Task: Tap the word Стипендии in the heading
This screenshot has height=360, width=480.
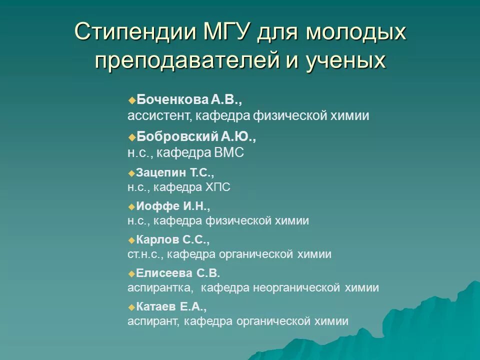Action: point(133,32)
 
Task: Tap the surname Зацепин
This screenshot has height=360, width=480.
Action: point(160,173)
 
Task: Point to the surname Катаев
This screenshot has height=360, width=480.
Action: point(156,306)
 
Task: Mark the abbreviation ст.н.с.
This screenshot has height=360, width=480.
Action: point(145,254)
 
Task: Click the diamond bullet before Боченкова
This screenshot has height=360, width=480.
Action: point(132,100)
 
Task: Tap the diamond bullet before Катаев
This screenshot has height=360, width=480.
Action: point(132,307)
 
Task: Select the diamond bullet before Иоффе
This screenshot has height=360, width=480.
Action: point(132,206)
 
